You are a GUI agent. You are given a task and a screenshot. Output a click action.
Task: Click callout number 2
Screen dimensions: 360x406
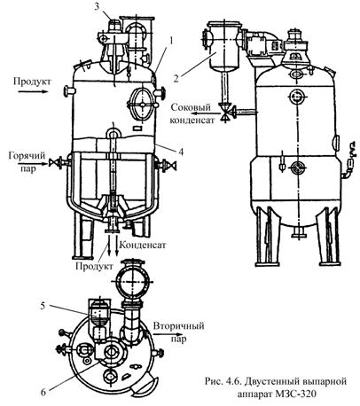pyautogui.click(x=176, y=79)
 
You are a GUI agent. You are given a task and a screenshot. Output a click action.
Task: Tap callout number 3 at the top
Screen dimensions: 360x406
pyautogui.click(x=97, y=7)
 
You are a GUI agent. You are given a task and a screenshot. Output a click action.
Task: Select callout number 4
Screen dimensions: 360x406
pyautogui.click(x=181, y=152)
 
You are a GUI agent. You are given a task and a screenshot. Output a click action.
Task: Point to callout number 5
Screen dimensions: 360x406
pyautogui.click(x=43, y=306)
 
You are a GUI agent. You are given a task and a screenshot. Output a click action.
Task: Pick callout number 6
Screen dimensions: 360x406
pyautogui.click(x=43, y=392)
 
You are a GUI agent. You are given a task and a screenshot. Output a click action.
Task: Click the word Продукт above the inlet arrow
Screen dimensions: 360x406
pyautogui.click(x=32, y=82)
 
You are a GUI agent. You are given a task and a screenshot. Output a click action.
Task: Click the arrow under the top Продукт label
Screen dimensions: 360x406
pyautogui.click(x=33, y=91)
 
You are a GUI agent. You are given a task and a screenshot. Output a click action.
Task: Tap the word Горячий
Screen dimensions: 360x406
pyautogui.click(x=27, y=156)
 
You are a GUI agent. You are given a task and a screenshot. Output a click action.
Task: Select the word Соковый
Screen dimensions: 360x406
pyautogui.click(x=191, y=107)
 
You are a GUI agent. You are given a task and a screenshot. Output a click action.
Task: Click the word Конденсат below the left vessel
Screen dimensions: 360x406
pyautogui.click(x=144, y=245)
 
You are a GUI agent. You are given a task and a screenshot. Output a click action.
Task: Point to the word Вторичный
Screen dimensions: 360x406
pyautogui.click(x=178, y=326)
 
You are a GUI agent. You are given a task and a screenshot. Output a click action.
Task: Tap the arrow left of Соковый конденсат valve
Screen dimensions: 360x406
pyautogui.click(x=204, y=113)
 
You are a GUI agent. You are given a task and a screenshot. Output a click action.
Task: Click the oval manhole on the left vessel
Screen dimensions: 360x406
pyautogui.click(x=142, y=104)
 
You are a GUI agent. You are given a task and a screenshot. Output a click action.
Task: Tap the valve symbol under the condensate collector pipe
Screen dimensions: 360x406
pyautogui.click(x=226, y=113)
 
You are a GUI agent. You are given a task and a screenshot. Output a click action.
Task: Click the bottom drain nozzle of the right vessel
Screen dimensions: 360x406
pyautogui.click(x=299, y=232)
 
